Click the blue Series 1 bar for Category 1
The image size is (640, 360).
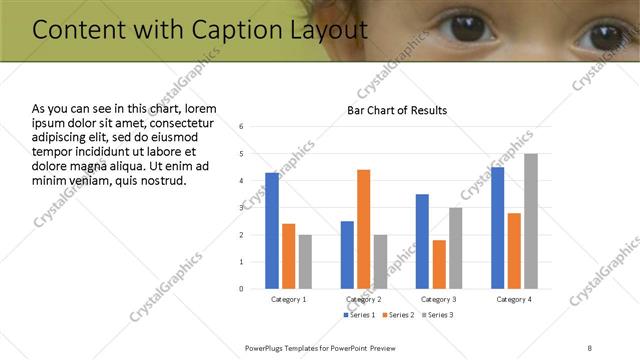coord(272,230)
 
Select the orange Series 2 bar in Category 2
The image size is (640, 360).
coord(363,228)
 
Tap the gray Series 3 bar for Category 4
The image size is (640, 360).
coord(531,220)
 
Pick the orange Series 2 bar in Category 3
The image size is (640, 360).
coord(439,263)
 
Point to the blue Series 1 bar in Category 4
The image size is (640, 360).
coord(498,227)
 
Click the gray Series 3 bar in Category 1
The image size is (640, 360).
coord(305,261)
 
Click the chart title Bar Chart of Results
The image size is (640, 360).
coord(397,110)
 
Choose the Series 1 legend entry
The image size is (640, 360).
coord(360,316)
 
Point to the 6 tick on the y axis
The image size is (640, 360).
coord(242,127)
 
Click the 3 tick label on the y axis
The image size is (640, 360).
coord(242,208)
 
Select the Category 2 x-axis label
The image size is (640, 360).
coord(363,299)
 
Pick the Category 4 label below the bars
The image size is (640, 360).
coord(514,299)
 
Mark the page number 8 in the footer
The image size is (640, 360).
coord(590,347)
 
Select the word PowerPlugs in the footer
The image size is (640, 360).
coord(268,347)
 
